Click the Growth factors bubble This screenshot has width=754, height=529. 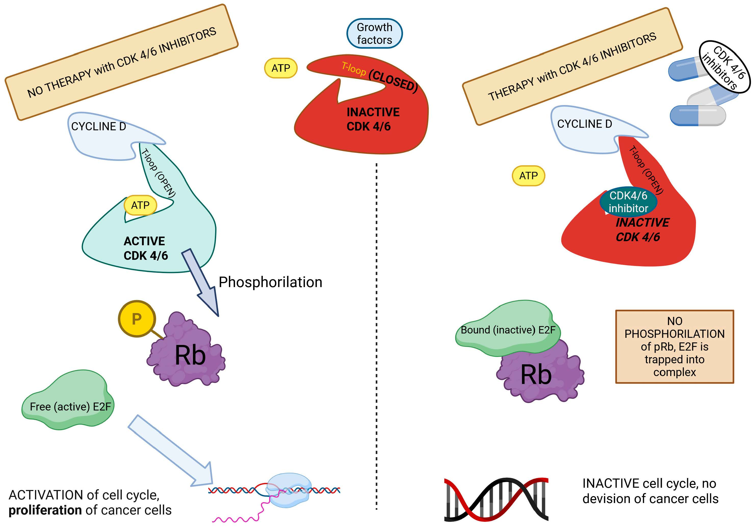(x=374, y=33)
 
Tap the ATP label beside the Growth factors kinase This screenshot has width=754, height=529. (x=281, y=68)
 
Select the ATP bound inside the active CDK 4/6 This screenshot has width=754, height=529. (x=140, y=205)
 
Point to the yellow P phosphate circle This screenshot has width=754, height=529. (x=137, y=318)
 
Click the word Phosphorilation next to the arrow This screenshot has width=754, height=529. (x=270, y=282)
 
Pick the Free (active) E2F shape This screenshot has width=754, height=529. (x=68, y=400)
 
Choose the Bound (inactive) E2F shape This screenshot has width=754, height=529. (x=508, y=328)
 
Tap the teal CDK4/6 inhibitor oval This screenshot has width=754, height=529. (x=628, y=202)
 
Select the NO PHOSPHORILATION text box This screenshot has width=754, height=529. (x=674, y=346)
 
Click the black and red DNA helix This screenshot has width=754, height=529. (x=496, y=499)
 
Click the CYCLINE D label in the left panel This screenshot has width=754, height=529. (x=98, y=126)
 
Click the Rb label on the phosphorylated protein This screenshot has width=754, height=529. (x=190, y=355)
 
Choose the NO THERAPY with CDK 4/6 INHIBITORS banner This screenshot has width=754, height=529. (x=122, y=62)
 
